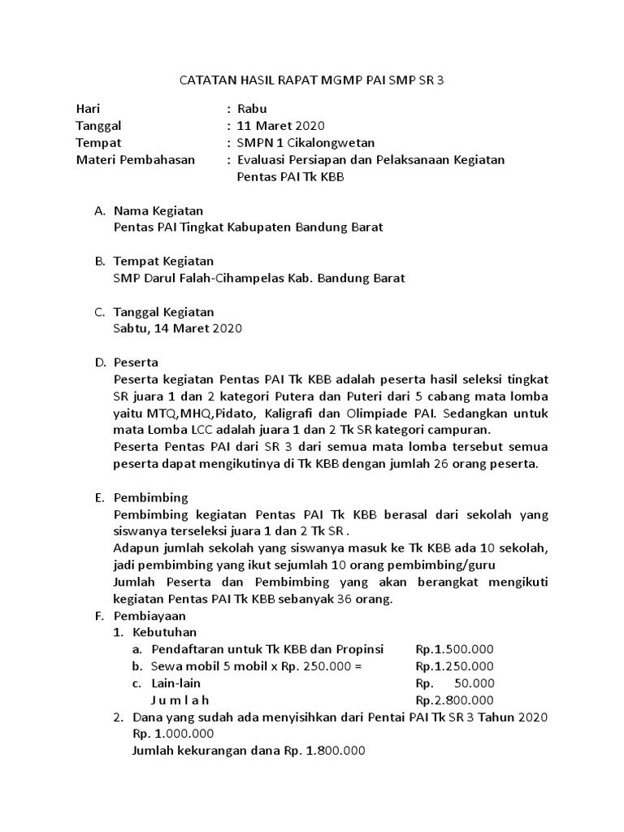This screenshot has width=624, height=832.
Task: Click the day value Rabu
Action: pos(251,108)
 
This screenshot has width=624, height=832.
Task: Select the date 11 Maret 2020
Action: pos(280,125)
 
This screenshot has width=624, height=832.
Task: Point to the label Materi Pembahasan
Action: pos(136,159)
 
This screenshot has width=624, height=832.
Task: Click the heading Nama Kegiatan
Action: pos(158,210)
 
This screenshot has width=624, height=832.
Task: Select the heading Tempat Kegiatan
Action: pos(163,261)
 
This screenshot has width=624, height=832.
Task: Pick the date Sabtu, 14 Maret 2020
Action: pos(178,328)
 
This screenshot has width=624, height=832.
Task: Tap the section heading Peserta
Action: pos(136,362)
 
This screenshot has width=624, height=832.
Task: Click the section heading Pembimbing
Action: pos(150,497)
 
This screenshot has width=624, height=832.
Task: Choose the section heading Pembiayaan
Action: pos(150,616)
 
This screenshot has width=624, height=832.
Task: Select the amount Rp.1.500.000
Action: pos(454,649)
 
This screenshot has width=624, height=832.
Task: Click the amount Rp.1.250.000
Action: pos(454,666)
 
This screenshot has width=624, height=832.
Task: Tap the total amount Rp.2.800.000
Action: pos(454,700)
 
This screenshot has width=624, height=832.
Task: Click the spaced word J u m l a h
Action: pos(180,700)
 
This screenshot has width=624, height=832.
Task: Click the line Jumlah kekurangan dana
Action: pos(249,751)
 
